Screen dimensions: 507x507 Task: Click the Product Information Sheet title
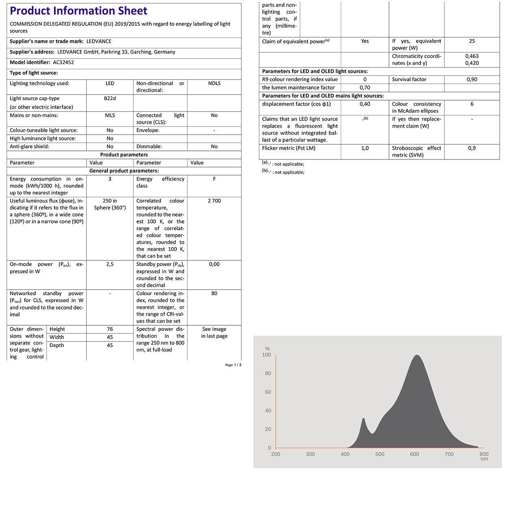[x=79, y=11]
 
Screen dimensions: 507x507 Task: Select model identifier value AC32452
[x=63, y=62]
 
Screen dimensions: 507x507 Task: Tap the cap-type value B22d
[x=110, y=98]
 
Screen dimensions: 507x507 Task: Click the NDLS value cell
[x=214, y=83]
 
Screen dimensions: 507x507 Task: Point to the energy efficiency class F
[x=214, y=179]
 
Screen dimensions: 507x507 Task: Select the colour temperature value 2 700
[x=214, y=201]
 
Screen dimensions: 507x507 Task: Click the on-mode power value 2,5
[x=110, y=264]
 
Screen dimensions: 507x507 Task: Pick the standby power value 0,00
[x=214, y=264]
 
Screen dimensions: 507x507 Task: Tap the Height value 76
[x=110, y=329]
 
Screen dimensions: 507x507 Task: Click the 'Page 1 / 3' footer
[x=233, y=365]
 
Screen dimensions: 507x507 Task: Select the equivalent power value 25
[x=472, y=41]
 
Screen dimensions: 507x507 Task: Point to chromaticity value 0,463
[x=472, y=56]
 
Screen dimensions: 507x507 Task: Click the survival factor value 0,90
[x=472, y=79]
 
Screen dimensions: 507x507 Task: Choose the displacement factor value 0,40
[x=365, y=104]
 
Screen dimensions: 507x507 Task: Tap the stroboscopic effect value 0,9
[x=472, y=148]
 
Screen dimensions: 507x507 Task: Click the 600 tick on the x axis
[x=415, y=454]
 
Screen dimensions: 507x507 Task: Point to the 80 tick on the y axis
[x=268, y=374]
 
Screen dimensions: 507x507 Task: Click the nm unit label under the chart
[x=484, y=459]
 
